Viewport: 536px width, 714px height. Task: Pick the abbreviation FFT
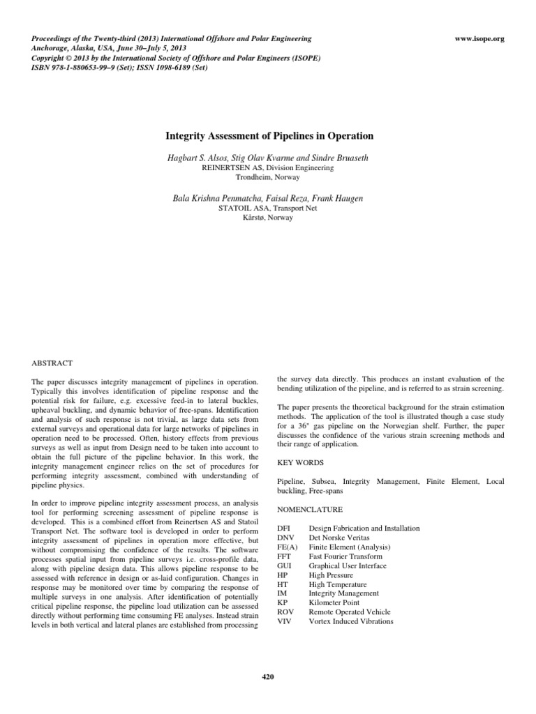coord(285,556)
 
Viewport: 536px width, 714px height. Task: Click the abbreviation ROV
coord(285,612)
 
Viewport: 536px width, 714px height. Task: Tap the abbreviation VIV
coord(285,621)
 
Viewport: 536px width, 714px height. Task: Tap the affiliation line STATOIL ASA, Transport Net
coord(268,208)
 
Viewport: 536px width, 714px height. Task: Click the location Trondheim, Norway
coord(268,177)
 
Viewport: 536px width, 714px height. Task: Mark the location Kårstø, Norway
coord(268,218)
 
